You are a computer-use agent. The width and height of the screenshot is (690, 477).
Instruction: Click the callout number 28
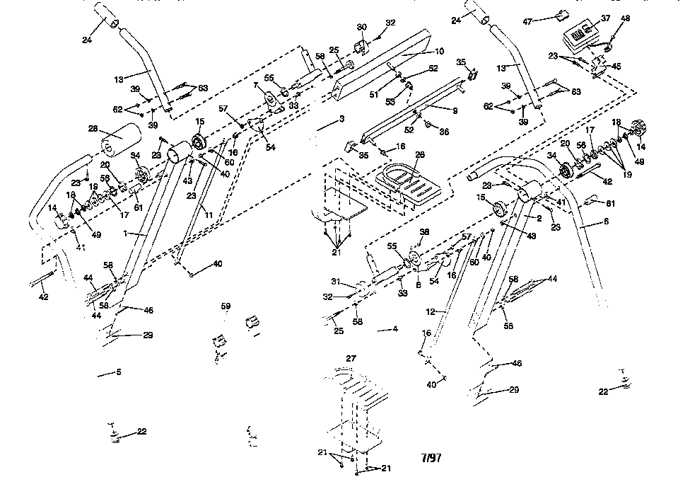[92, 129]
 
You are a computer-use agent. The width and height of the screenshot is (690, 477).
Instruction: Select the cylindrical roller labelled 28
[117, 140]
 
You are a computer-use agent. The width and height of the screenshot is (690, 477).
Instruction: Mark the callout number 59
[226, 306]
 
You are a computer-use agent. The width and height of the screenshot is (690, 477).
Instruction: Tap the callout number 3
[341, 118]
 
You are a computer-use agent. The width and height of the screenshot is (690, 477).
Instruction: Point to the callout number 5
[119, 372]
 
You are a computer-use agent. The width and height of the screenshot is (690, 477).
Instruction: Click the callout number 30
[362, 27]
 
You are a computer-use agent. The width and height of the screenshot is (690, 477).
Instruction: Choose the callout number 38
[424, 231]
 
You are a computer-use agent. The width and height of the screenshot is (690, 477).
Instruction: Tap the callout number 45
[616, 67]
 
